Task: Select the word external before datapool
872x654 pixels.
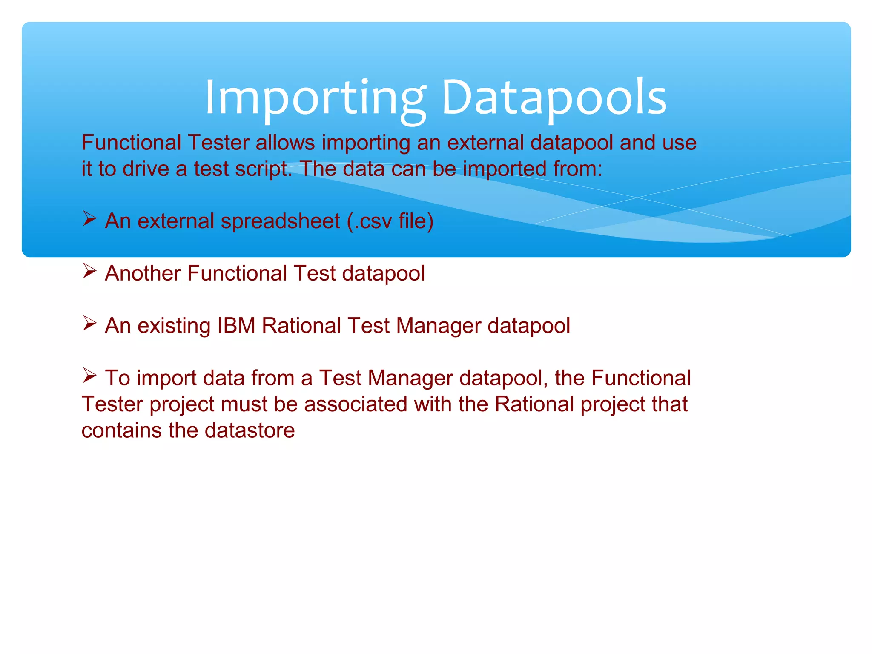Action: tap(485, 143)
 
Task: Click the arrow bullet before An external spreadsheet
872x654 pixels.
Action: tap(89, 219)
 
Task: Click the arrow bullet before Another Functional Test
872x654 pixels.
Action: tap(89, 271)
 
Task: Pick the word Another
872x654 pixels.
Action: tap(143, 273)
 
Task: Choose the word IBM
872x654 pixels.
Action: tap(236, 326)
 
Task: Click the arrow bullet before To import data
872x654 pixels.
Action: tap(89, 376)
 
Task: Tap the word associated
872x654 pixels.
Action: tap(356, 404)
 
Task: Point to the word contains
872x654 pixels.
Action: tap(122, 430)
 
